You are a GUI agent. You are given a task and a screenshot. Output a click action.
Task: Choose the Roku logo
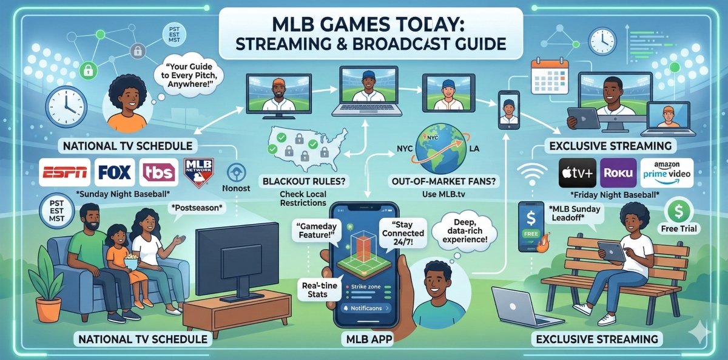click(618, 172)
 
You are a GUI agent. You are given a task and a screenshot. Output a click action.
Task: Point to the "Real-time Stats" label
click(314, 289)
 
